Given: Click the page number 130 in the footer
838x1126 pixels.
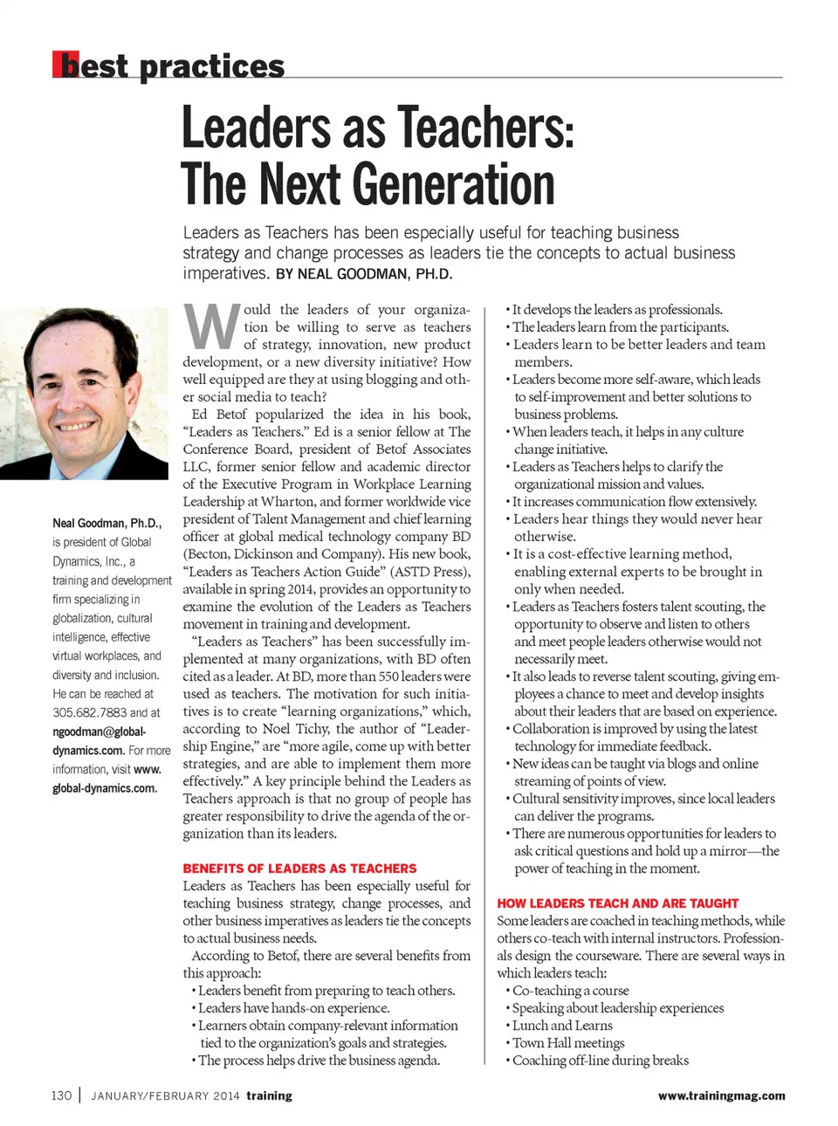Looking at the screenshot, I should pyautogui.click(x=61, y=1095).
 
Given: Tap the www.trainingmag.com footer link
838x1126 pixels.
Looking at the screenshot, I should pyautogui.click(x=721, y=1095).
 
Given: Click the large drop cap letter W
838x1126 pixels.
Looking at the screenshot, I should pyautogui.click(x=211, y=327).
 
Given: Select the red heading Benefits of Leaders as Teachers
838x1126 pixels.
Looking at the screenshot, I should pyautogui.click(x=299, y=869).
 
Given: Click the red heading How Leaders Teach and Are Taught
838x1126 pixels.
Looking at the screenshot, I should pyautogui.click(x=617, y=903).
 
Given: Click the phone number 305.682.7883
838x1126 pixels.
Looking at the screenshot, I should pyautogui.click(x=90, y=712).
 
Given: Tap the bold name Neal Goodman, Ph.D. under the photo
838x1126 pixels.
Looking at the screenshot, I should pyautogui.click(x=106, y=523).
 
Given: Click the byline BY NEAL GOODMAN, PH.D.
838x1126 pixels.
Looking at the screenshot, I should pyautogui.click(x=364, y=274).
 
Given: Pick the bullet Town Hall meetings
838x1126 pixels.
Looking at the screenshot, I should pyautogui.click(x=568, y=1043).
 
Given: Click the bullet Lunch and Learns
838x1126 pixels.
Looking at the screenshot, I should pyautogui.click(x=562, y=1026).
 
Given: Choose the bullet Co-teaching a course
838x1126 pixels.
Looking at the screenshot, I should pyautogui.click(x=570, y=991).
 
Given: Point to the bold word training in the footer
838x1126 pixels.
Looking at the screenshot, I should pyautogui.click(x=269, y=1095).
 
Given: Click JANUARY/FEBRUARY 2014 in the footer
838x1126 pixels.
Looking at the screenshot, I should pyautogui.click(x=165, y=1095).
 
